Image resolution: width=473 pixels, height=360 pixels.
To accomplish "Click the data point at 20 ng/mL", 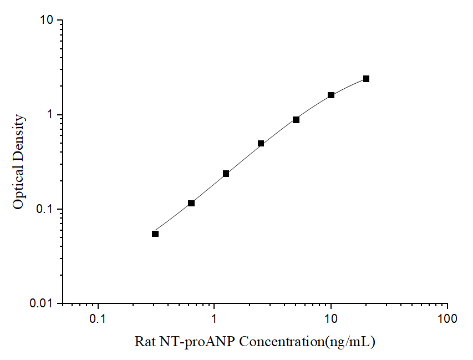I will [366, 79].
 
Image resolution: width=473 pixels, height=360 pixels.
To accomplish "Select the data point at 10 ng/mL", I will [331, 95].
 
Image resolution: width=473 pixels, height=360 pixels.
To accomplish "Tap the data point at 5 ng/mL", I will [296, 120].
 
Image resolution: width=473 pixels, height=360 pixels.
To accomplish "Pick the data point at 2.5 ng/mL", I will [261, 143].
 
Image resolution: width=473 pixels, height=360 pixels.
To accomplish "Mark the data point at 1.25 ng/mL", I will [226, 174].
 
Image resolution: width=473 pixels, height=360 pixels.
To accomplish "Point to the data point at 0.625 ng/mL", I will [191, 203].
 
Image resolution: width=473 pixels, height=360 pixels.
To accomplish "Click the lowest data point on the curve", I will [155, 234].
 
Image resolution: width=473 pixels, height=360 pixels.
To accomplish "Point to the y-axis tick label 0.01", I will [42, 304].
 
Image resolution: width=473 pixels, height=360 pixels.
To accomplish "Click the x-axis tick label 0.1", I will [98, 320].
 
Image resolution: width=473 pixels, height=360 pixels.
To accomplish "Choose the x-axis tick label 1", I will [215, 320].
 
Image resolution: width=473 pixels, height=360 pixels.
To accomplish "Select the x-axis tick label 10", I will [331, 320].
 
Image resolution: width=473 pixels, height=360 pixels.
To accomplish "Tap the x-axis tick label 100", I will [447, 320].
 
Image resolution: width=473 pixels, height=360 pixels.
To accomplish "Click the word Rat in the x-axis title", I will [144, 342].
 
